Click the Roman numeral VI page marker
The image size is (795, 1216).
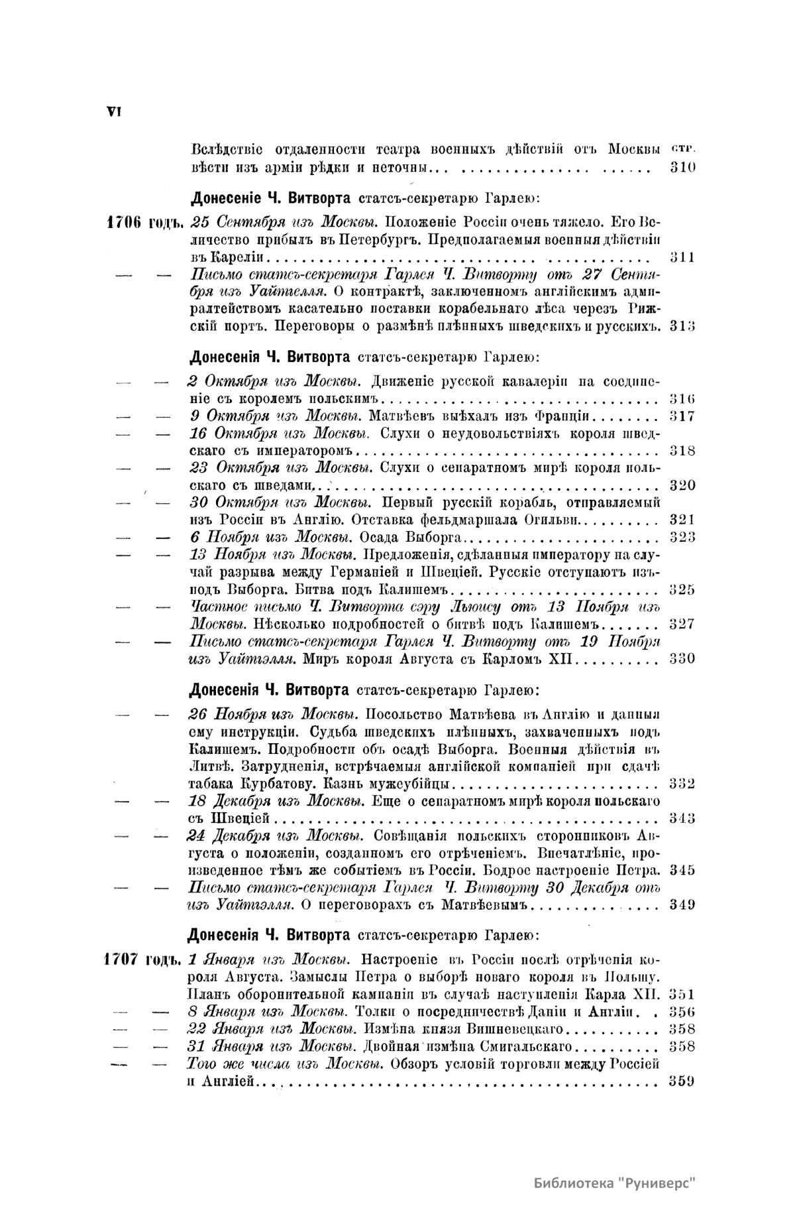(112, 112)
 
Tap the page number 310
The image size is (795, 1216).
(682, 168)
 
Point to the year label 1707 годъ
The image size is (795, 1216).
(144, 959)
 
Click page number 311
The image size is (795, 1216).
(682, 257)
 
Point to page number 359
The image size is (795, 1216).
(682, 1081)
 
